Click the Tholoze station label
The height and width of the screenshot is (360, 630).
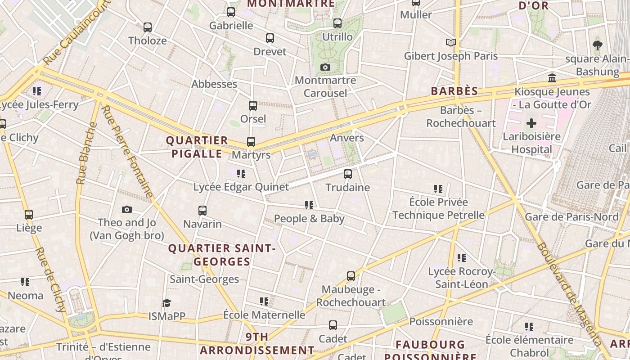tap(148, 40)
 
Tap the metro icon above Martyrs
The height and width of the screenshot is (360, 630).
tap(251, 142)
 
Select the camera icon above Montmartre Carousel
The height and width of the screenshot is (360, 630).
tap(325, 67)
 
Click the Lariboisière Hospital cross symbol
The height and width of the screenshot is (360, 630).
tap(531, 123)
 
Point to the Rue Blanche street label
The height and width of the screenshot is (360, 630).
tap(86, 153)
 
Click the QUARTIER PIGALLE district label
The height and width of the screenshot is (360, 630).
tap(197, 147)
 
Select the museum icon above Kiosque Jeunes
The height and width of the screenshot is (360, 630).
tap(552, 78)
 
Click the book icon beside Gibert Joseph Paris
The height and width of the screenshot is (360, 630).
tap(450, 43)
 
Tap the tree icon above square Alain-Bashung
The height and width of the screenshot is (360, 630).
tap(598, 45)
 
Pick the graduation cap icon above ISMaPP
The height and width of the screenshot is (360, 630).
tap(167, 303)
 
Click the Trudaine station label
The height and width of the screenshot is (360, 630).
tap(347, 187)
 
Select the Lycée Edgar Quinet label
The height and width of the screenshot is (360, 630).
tap(241, 187)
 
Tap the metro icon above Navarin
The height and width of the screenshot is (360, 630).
tap(202, 210)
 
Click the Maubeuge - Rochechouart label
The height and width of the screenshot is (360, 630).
tap(351, 296)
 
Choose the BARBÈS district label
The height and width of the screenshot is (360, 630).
tap(454, 91)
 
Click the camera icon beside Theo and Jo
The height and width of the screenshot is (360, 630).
tap(127, 209)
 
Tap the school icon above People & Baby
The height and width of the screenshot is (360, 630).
tap(309, 205)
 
